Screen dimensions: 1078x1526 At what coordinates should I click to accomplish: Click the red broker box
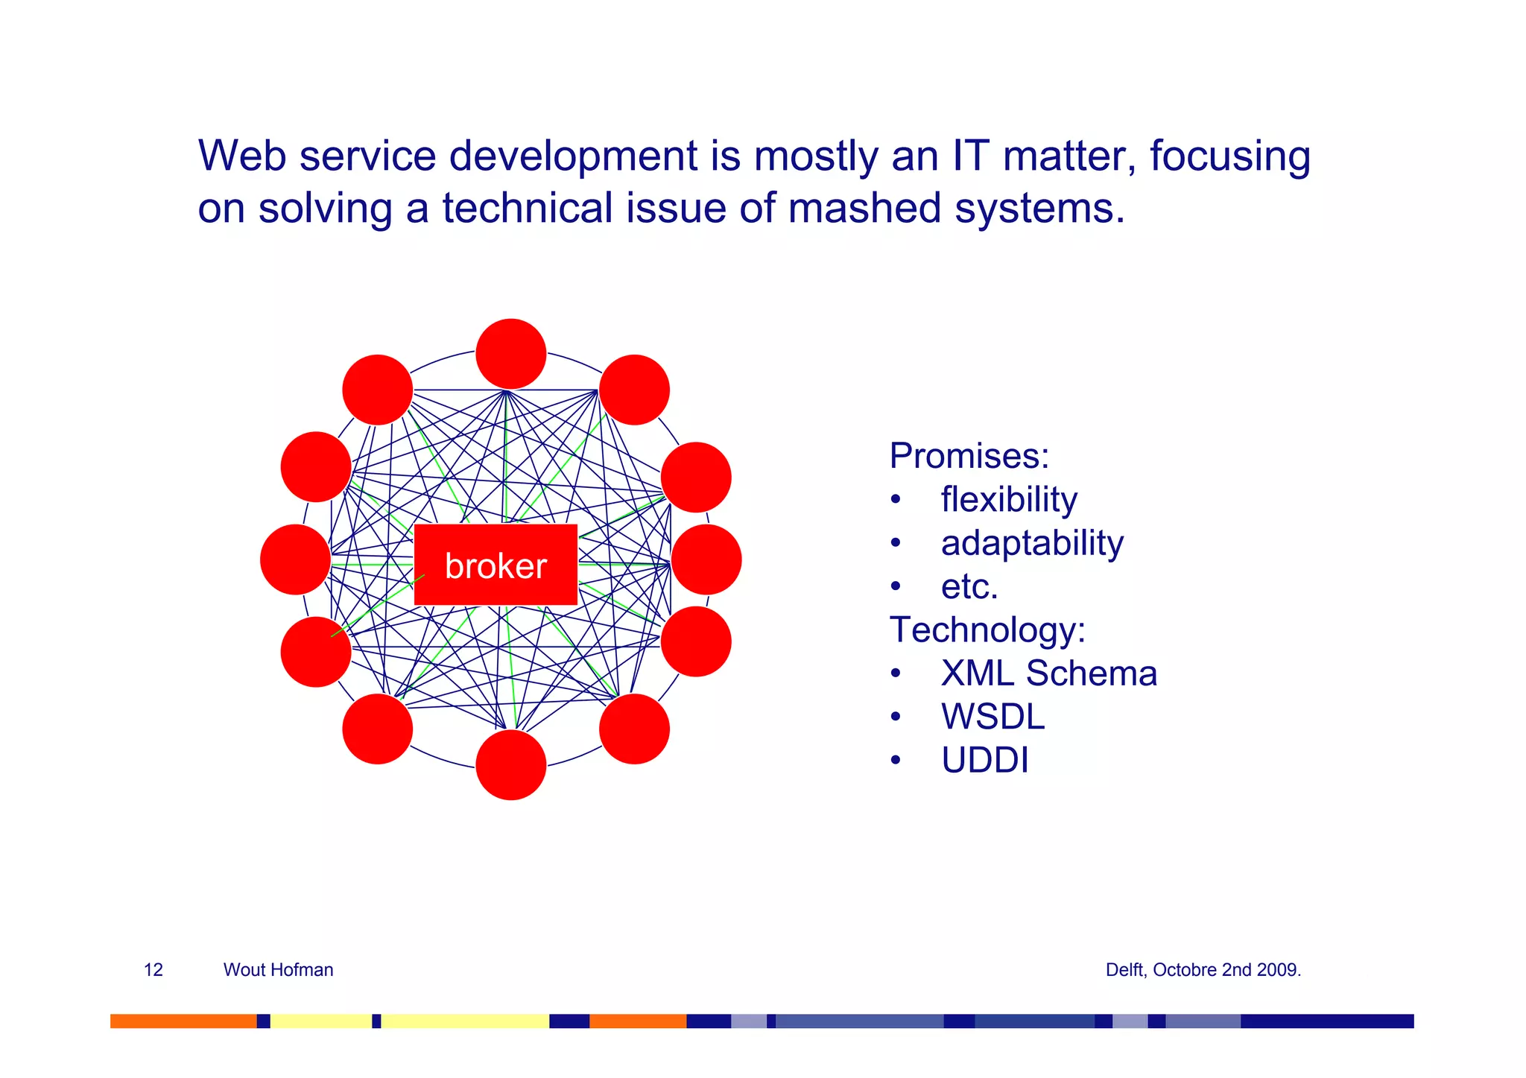pyautogui.click(x=496, y=565)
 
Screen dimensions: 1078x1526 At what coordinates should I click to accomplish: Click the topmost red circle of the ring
pyautogui.click(x=511, y=354)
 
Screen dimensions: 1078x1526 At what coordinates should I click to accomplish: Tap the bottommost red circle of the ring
pyautogui.click(x=511, y=765)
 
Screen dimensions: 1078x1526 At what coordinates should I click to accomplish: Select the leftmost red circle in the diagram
pyautogui.click(x=296, y=559)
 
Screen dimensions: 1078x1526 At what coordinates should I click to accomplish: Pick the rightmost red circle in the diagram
pyautogui.click(x=706, y=559)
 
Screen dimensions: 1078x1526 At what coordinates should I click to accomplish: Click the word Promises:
pyautogui.click(x=969, y=455)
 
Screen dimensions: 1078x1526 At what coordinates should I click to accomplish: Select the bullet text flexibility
pyautogui.click(x=1009, y=499)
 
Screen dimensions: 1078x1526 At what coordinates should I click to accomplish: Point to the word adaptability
pyautogui.click(x=1032, y=543)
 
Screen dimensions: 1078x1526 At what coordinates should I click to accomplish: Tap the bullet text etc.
pyautogui.click(x=969, y=587)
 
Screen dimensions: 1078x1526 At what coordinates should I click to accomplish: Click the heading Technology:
pyautogui.click(x=987, y=630)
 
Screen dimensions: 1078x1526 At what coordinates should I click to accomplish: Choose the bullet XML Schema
pyautogui.click(x=1048, y=673)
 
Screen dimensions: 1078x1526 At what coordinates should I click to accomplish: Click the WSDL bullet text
pyautogui.click(x=992, y=717)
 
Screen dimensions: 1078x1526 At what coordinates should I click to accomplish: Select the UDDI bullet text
pyautogui.click(x=984, y=761)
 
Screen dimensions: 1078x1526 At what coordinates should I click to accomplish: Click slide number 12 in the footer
pyautogui.click(x=153, y=969)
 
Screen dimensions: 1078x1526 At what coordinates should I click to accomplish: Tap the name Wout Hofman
pyautogui.click(x=278, y=969)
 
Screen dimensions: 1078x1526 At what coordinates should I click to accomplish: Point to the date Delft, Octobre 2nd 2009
pyautogui.click(x=1203, y=970)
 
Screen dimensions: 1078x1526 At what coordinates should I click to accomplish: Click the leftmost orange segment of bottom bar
pyautogui.click(x=183, y=1021)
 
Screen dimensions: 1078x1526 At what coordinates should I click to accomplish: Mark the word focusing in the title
pyautogui.click(x=1229, y=158)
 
